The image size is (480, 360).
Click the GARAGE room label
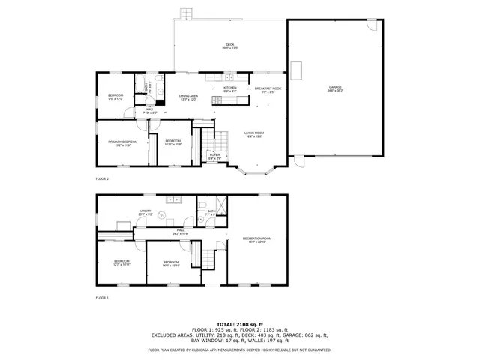pyautogui.click(x=334, y=88)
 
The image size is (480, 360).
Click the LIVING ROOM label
pyautogui.click(x=253, y=135)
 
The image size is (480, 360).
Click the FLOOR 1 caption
pyautogui.click(x=102, y=298)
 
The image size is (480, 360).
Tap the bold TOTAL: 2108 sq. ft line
pyautogui.click(x=239, y=323)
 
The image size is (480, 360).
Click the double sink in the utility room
pyautogui.click(x=175, y=199)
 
